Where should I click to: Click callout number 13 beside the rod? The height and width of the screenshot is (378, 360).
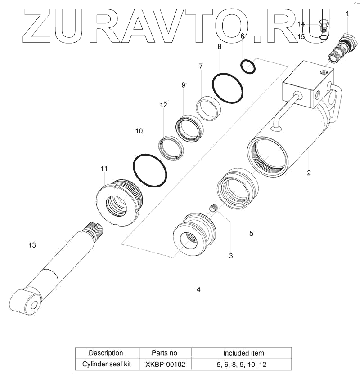[32, 245]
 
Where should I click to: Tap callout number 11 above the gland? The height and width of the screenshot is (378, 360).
[104, 168]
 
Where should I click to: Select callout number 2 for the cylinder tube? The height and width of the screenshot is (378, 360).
[309, 173]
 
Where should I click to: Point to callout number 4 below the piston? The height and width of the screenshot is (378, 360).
[198, 289]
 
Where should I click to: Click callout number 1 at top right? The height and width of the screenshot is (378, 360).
[347, 14]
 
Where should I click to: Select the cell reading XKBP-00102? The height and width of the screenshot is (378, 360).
[165, 364]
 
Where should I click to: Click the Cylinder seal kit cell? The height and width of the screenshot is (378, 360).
[106, 364]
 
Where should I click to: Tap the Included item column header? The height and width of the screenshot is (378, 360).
[243, 353]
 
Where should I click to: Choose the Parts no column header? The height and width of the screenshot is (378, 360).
[165, 353]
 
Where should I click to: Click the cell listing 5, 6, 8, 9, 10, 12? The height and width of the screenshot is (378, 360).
[243, 364]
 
